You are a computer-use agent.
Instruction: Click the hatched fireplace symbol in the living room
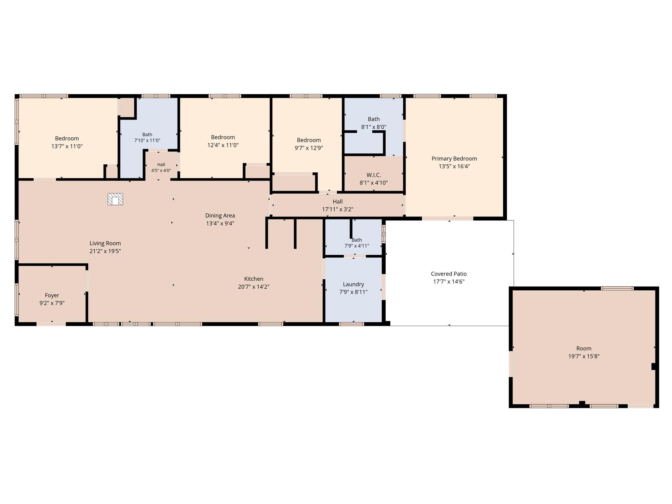coord(115,199)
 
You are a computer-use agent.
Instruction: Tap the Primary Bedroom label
coord(454,159)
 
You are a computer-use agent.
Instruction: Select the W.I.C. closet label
coord(374,175)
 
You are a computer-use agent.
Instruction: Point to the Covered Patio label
coord(449,274)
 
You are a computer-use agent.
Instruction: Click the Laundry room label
coord(353,284)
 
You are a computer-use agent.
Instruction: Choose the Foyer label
coord(52,295)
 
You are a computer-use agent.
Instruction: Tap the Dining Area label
coord(220,215)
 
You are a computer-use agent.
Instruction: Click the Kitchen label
coord(254,279)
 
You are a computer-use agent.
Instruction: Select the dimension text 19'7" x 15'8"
coord(584,356)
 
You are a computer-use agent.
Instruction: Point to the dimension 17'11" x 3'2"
coord(338,209)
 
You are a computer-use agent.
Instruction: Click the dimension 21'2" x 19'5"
coord(105,251)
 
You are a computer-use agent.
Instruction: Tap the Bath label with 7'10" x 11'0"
coord(147,134)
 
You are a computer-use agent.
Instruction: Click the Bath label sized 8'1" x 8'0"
coord(374,119)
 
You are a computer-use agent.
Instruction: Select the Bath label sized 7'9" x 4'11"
coord(357,240)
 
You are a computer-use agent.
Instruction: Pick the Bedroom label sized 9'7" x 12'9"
coord(309,140)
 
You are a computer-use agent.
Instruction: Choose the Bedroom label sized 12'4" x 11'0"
coord(223,137)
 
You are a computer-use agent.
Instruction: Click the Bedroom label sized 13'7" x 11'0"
coord(67,138)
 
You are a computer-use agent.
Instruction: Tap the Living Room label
coord(105,243)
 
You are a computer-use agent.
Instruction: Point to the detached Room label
coord(584,348)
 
